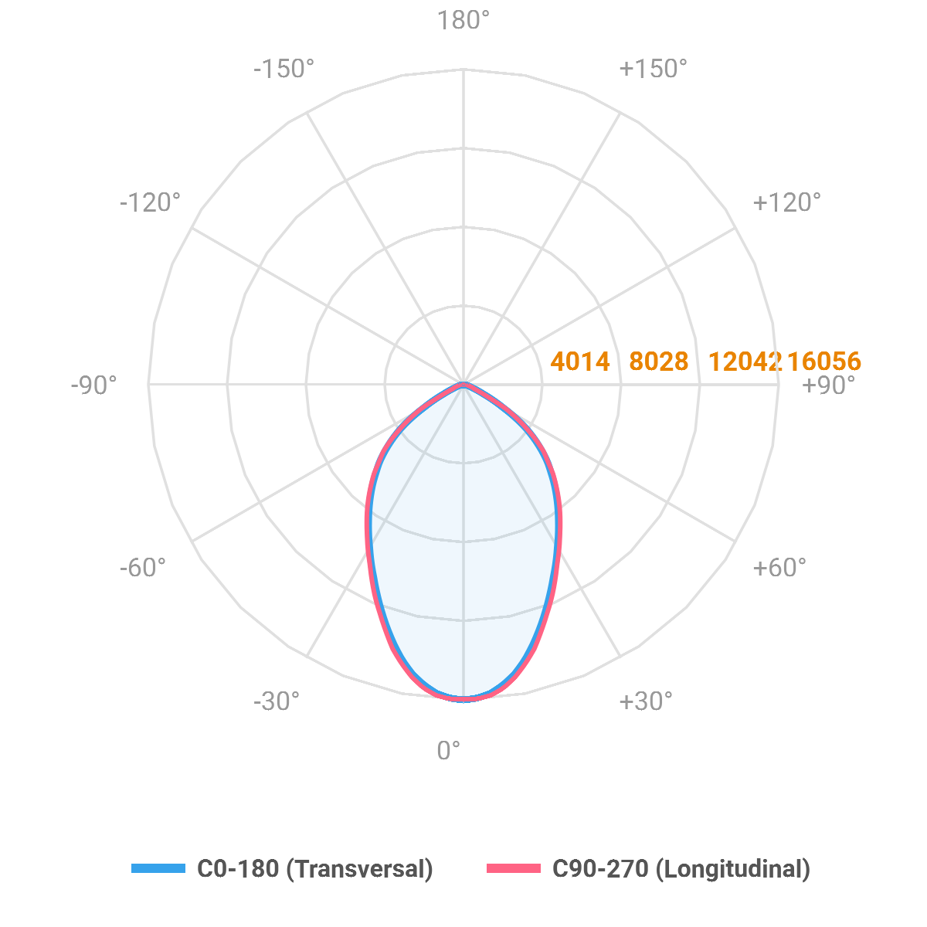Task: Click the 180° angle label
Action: pos(463,21)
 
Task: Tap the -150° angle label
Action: pos(284,69)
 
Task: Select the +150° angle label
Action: pos(653,69)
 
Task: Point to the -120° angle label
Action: pos(150,202)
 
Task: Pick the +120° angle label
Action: pos(786,202)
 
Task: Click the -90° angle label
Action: pos(93,385)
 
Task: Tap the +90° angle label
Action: pos(829,385)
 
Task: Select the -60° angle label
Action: pos(142,568)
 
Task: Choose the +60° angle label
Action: pos(779,568)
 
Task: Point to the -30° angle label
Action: pos(276,701)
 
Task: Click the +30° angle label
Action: pos(645,701)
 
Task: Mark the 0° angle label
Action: pos(449,750)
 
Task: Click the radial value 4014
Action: pos(580,361)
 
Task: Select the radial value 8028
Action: pos(658,361)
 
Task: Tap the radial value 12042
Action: pos(743,361)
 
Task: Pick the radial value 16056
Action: pos(824,361)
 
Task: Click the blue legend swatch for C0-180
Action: pos(158,868)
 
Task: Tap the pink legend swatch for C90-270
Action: pos(514,868)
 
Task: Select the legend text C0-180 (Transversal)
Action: pos(315,868)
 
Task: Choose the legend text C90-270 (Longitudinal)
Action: pos(681,868)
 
